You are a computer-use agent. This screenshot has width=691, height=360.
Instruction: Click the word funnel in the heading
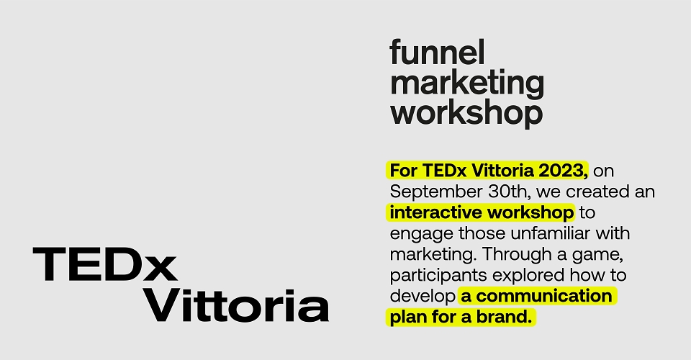tap(437, 52)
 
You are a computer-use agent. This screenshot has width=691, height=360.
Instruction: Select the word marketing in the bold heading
tap(467, 84)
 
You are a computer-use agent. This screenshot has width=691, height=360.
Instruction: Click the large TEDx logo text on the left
tap(105, 264)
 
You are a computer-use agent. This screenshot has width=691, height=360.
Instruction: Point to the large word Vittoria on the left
tap(237, 305)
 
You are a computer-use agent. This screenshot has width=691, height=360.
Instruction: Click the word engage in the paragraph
tap(421, 234)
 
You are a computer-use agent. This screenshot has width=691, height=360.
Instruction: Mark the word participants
tap(438, 276)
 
